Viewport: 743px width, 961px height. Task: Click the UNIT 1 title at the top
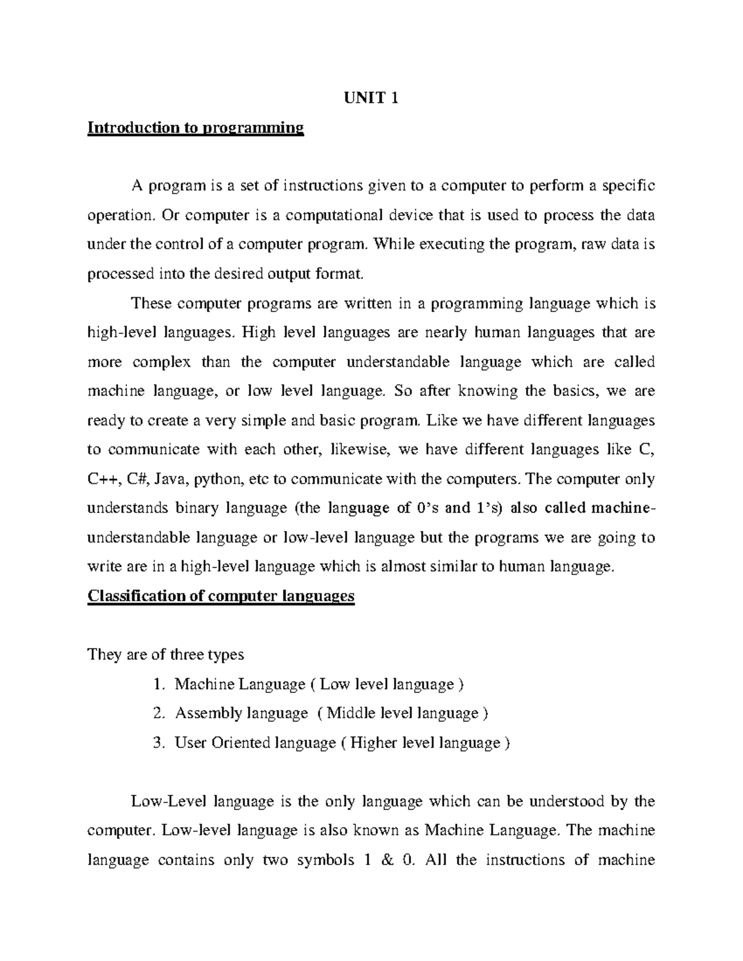pos(370,98)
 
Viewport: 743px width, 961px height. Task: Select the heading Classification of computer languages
pos(221,596)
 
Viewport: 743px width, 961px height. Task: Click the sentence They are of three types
pos(166,655)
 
